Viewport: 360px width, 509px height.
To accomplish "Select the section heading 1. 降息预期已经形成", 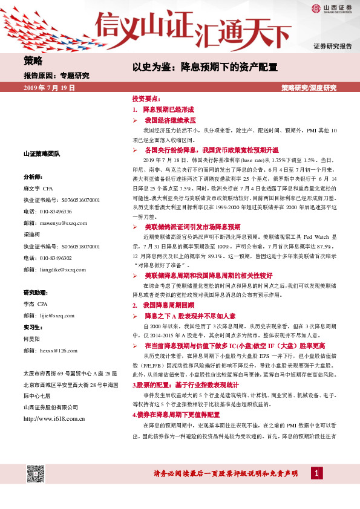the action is pyautogui.click(x=163, y=110).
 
